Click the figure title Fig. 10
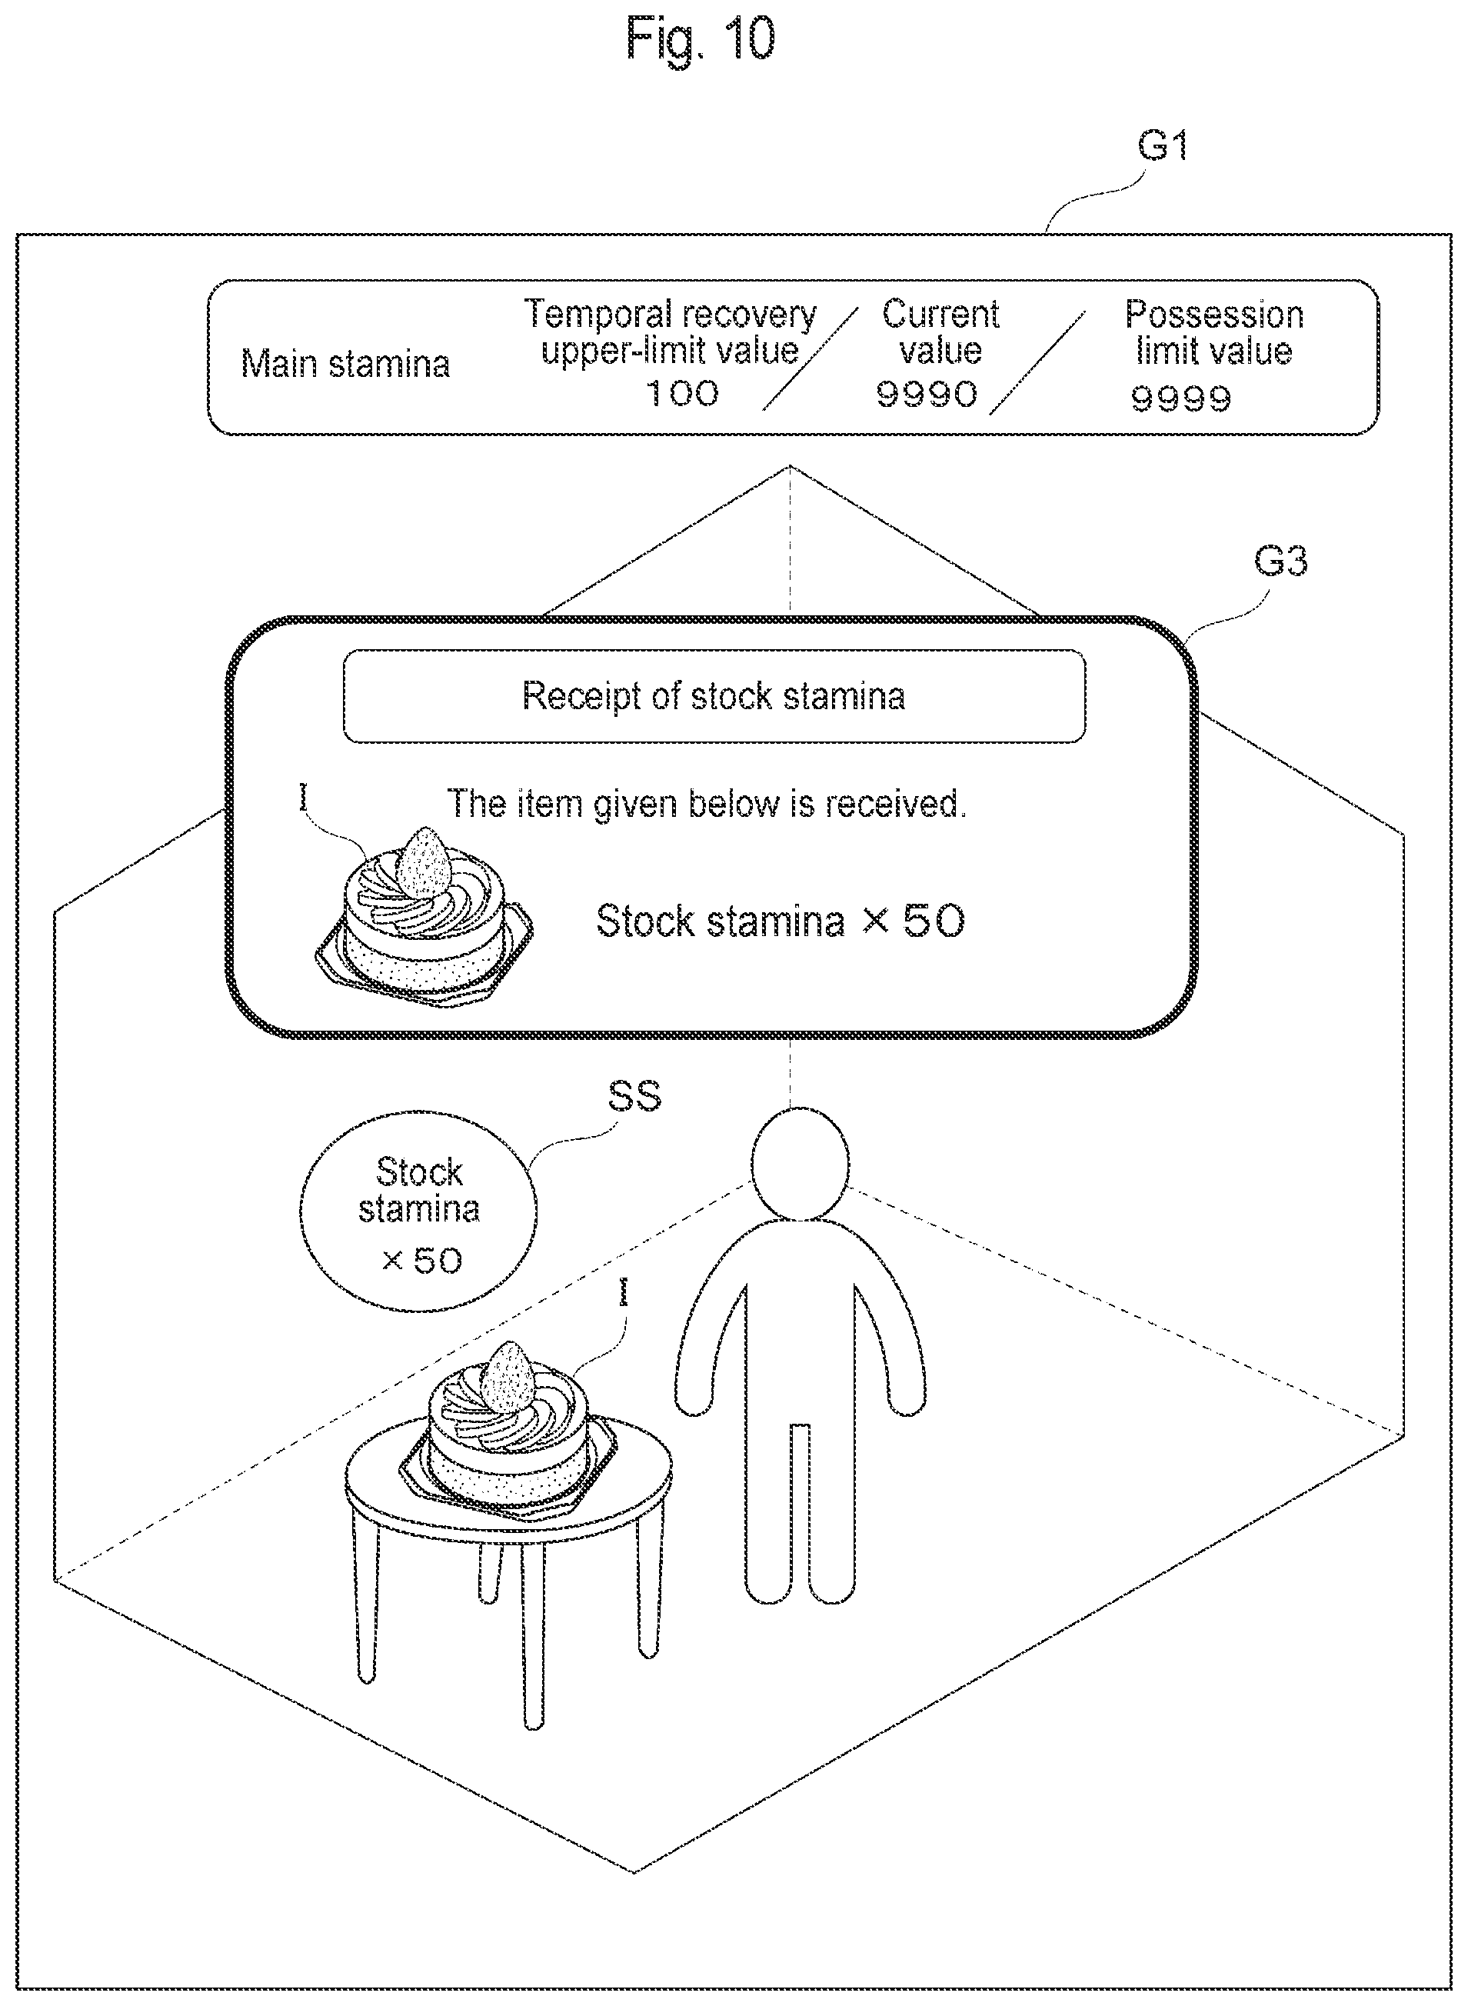(701, 40)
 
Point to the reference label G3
(1280, 561)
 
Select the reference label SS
(634, 1096)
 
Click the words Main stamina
(346, 365)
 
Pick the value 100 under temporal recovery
(681, 394)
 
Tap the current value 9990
(927, 394)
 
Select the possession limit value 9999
(1181, 399)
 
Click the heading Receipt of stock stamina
(714, 696)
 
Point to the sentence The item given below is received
(707, 804)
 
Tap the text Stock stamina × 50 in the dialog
(781, 921)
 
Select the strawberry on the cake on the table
(508, 1375)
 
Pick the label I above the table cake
(624, 1292)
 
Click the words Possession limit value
(1214, 332)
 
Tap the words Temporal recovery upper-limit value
(670, 332)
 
